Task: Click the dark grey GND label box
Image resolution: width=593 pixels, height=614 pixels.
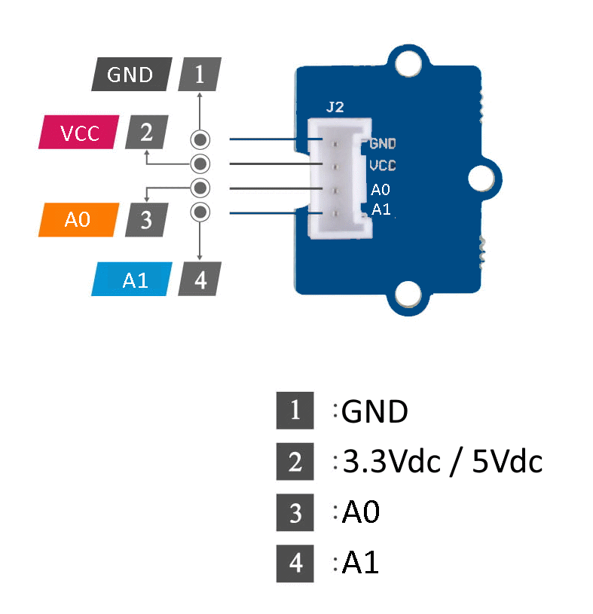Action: [131, 75]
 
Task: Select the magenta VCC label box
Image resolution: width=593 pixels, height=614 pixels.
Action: [80, 133]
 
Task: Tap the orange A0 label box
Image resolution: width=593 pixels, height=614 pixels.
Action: [78, 220]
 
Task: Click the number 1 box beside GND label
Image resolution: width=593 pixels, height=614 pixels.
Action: [199, 75]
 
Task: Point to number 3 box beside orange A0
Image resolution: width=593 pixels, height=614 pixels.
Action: [146, 220]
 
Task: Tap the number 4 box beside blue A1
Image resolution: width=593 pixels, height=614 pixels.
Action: [200, 280]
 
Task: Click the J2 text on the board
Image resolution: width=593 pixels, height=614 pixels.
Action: [335, 107]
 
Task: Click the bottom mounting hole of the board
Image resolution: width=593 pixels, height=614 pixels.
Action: [408, 295]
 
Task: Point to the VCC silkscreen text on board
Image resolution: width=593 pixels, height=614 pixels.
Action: [383, 165]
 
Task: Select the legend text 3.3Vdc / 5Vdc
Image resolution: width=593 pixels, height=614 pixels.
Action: [442, 462]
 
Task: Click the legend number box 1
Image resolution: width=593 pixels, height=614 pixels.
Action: [295, 411]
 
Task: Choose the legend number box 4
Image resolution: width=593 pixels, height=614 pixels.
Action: [295, 563]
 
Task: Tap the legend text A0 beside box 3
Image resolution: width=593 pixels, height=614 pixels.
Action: [361, 512]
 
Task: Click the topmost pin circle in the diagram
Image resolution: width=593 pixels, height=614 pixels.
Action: [200, 139]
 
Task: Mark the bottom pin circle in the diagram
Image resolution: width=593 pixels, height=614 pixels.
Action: [200, 212]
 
